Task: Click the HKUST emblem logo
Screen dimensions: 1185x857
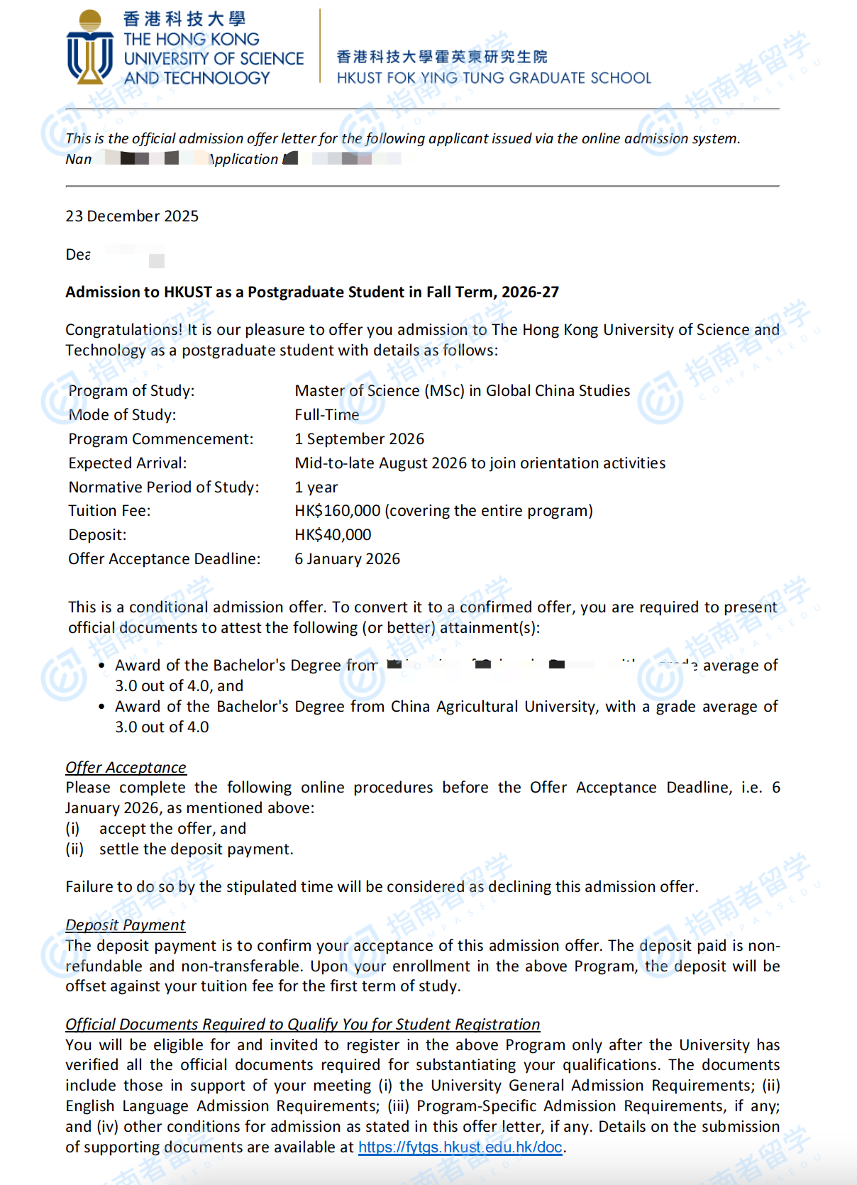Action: click(90, 48)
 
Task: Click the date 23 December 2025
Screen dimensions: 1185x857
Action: click(132, 216)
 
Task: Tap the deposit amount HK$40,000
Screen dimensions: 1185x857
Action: click(333, 535)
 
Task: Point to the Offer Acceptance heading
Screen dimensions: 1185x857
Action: click(126, 768)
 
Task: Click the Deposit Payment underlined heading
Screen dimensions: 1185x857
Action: click(125, 925)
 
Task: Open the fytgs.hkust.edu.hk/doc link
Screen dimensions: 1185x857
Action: click(460, 1147)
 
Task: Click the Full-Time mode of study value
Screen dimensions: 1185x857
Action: click(327, 415)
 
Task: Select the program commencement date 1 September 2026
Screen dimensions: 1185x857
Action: click(360, 439)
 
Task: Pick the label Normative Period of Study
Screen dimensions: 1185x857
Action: click(164, 487)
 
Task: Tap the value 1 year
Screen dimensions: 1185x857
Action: click(316, 487)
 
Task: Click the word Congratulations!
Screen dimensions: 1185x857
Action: click(124, 330)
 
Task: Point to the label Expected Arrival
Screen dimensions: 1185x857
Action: click(128, 463)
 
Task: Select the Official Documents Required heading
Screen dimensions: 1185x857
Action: click(303, 1025)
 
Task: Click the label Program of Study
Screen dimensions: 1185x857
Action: click(131, 391)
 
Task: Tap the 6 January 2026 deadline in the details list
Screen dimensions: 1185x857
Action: click(348, 559)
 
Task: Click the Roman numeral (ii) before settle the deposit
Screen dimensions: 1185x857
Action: click(74, 849)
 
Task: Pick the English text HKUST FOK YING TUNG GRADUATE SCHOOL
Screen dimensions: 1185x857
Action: click(494, 78)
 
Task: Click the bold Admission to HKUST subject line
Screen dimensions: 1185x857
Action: click(312, 292)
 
